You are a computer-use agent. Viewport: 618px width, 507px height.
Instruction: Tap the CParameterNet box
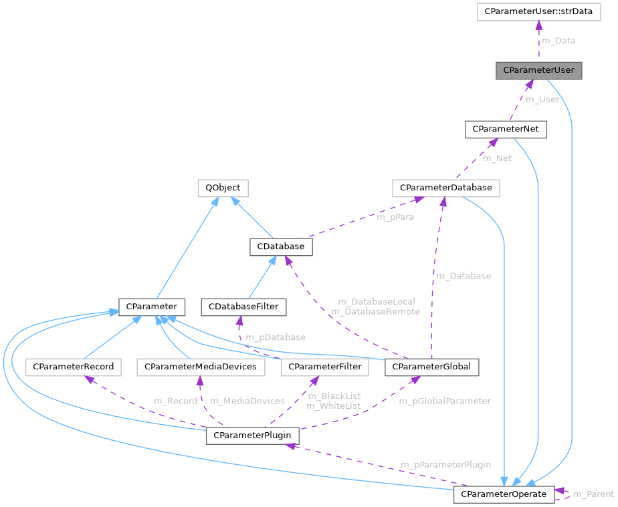tap(506, 129)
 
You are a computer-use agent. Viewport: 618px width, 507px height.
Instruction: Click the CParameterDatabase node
tap(446, 188)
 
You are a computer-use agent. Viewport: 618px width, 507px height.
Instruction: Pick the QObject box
tap(223, 188)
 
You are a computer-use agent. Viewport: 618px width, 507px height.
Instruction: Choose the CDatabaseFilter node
tap(244, 307)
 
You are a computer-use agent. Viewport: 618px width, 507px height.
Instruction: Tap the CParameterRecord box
tap(73, 367)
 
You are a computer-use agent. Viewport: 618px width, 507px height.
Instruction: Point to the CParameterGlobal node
tap(431, 367)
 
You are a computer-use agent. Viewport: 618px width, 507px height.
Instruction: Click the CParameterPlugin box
tap(252, 436)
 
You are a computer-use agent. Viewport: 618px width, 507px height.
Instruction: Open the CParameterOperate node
tap(504, 494)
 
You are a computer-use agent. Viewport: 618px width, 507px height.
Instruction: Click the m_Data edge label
tap(558, 41)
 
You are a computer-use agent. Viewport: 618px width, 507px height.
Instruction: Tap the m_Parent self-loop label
tap(593, 494)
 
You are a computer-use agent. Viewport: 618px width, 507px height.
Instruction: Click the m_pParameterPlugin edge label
tap(445, 464)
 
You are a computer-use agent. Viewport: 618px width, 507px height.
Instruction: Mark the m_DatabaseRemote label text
tap(375, 312)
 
